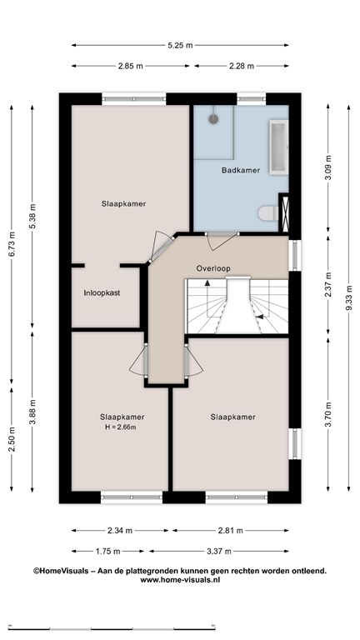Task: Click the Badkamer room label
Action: (240, 170)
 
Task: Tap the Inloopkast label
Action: (102, 292)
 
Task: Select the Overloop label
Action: (213, 268)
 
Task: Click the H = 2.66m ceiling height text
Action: (120, 427)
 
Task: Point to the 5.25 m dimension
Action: (180, 45)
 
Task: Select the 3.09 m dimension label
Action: (328, 168)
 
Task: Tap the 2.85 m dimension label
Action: (131, 66)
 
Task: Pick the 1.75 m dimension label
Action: (107, 552)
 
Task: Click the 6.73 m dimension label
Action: (12, 244)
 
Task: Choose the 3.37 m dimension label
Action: (219, 552)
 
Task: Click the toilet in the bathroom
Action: (268, 212)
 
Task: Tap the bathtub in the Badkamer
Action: (278, 147)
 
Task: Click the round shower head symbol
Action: (213, 119)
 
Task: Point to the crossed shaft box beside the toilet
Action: (285, 214)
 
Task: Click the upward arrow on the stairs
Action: (207, 282)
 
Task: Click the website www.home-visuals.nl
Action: (180, 579)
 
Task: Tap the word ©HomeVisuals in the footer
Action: (61, 571)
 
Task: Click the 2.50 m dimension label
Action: (12, 439)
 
